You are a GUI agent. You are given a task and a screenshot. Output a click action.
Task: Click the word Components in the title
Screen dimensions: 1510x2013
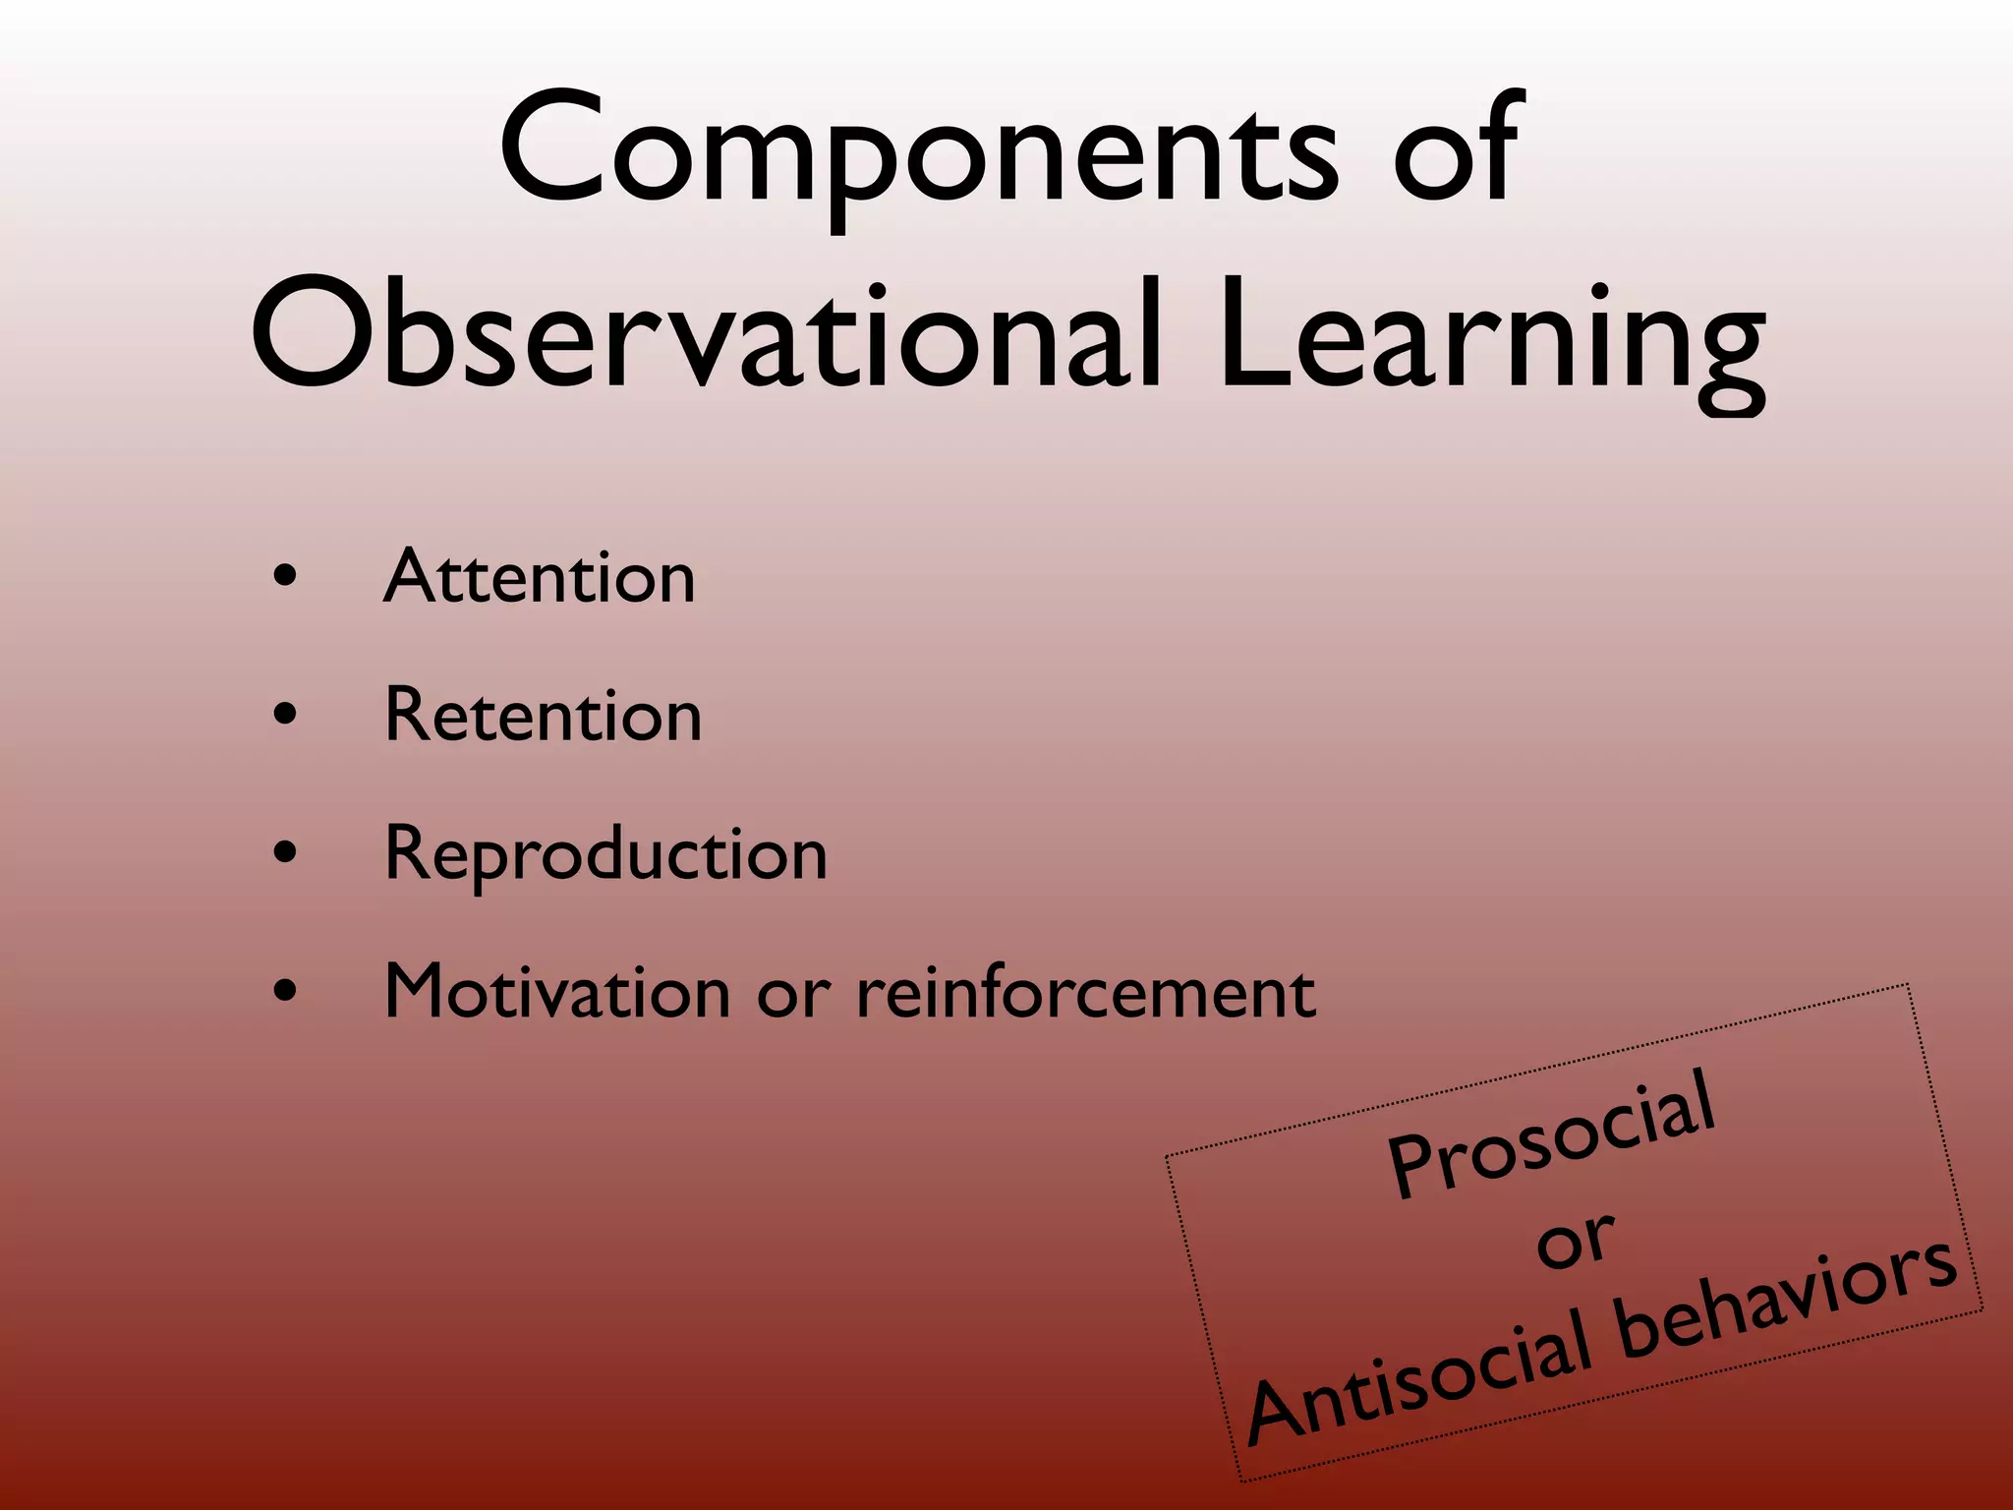[x=919, y=152]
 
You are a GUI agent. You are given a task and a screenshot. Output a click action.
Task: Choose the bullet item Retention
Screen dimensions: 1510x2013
[x=543, y=715]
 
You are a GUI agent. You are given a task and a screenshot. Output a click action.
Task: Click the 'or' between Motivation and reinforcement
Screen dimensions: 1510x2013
[x=793, y=995]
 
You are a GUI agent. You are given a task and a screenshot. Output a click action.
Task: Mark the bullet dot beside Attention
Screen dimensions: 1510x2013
[x=285, y=577]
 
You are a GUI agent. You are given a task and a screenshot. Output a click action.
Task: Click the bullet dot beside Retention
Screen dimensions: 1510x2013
[x=285, y=716]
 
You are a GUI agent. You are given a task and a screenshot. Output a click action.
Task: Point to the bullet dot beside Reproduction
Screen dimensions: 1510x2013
[x=285, y=853]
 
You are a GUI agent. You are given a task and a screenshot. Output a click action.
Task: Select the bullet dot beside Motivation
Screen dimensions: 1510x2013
[x=285, y=992]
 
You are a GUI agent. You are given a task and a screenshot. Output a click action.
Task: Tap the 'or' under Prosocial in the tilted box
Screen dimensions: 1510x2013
[x=1575, y=1241]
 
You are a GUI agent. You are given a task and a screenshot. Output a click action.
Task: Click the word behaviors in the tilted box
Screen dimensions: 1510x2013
[x=1784, y=1298]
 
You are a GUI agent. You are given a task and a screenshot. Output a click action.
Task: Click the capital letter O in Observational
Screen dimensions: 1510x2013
[x=315, y=334]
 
